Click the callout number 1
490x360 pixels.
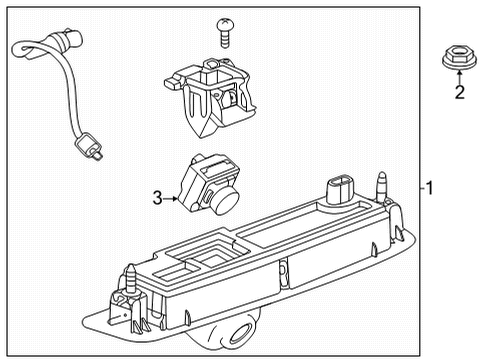(429, 187)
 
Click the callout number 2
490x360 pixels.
(461, 94)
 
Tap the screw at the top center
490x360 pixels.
(227, 32)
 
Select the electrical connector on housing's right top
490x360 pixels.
(339, 189)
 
